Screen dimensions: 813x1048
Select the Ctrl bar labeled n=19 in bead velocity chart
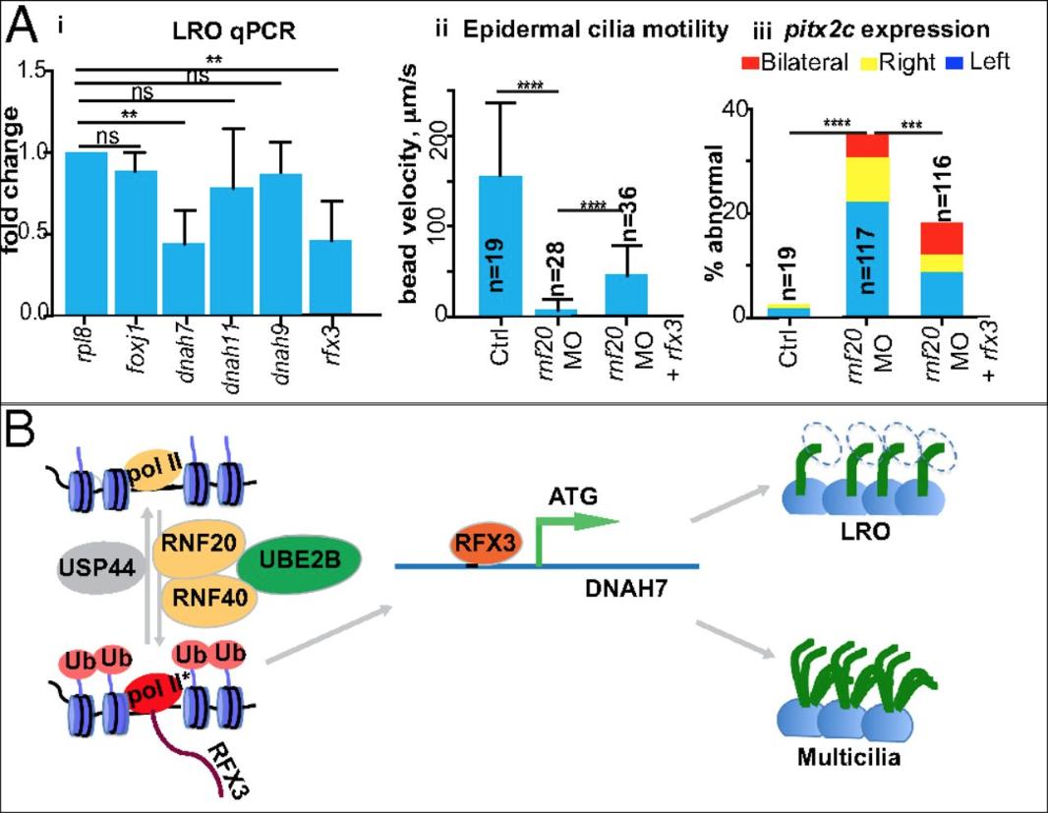click(x=499, y=246)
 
